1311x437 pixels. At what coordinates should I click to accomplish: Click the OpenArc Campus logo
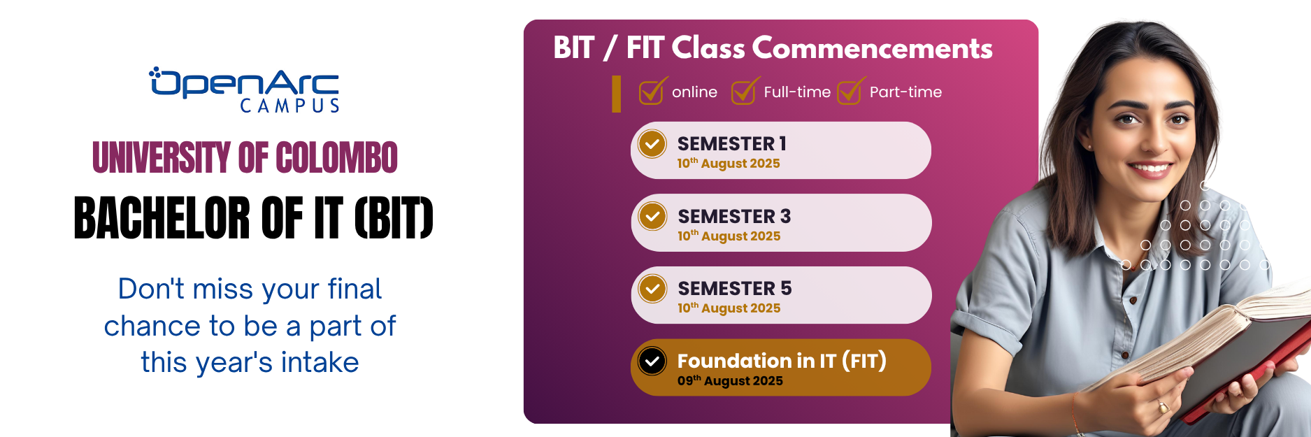[x=244, y=90]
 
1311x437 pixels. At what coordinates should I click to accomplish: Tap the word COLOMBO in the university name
[x=336, y=157]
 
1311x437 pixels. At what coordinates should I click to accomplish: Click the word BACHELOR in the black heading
[x=162, y=217]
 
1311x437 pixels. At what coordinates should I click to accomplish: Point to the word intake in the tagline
[x=320, y=362]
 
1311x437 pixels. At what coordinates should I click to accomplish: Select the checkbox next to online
[x=653, y=91]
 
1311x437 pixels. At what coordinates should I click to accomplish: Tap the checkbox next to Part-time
[x=851, y=91]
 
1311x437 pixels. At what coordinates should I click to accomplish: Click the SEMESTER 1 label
[x=732, y=143]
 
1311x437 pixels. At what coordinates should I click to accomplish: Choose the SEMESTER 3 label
[x=734, y=216]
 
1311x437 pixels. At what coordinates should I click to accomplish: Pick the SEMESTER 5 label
[x=735, y=288]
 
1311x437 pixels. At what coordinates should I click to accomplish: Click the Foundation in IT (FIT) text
[x=782, y=361]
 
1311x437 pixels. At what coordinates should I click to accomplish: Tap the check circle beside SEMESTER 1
[x=652, y=145]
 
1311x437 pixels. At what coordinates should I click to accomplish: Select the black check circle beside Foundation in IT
[x=652, y=361]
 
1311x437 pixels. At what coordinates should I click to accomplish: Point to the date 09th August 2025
[x=730, y=380]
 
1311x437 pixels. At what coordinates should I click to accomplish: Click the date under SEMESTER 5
[x=729, y=308]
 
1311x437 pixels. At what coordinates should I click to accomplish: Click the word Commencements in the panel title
[x=873, y=48]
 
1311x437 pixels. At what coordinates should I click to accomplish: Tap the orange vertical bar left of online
[x=616, y=94]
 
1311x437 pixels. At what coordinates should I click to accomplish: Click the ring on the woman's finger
[x=1163, y=406]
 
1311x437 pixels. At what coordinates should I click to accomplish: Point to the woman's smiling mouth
[x=1150, y=168]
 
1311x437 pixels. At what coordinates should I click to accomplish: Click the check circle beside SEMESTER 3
[x=652, y=217]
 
